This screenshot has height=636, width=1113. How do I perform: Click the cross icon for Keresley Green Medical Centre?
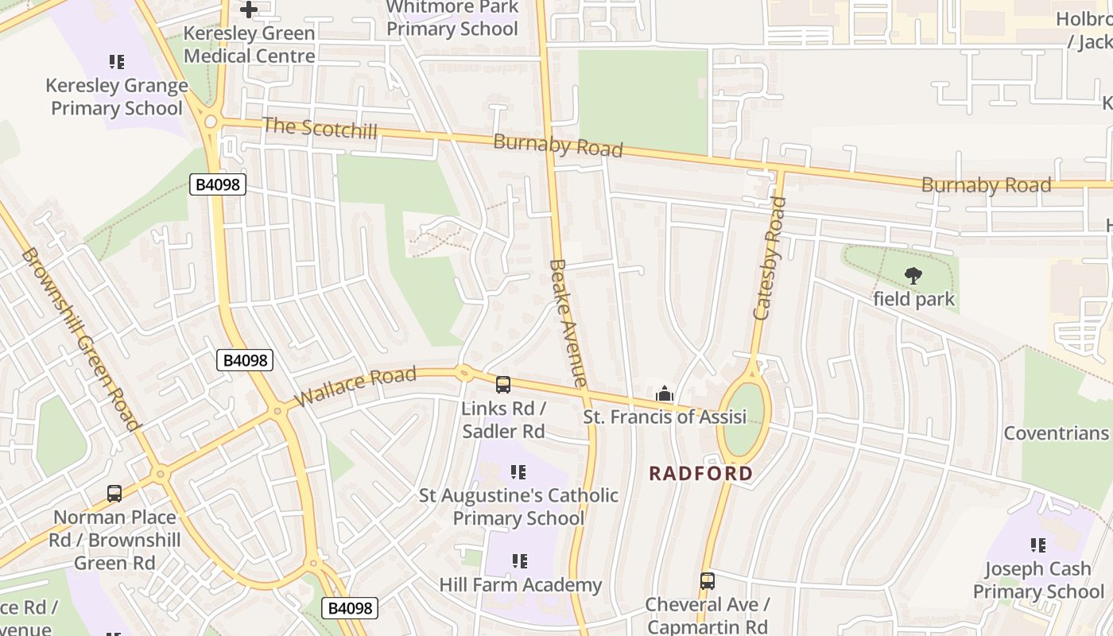pos(249,10)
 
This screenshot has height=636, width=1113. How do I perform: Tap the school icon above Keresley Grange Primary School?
pos(117,61)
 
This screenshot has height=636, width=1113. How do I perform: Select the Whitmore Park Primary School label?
pos(452,18)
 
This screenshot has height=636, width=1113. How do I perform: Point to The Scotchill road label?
pos(320,128)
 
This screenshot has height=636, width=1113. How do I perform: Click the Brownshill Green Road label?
pos(80,339)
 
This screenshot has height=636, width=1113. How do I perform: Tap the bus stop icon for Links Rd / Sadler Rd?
pos(503,385)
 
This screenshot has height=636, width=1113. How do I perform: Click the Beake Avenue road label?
pos(568,323)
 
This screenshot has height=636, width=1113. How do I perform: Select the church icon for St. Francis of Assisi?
pos(664,394)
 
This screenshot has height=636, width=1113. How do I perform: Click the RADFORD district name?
pos(700,474)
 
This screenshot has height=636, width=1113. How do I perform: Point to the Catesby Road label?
pos(770,258)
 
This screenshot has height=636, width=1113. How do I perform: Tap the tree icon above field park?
pos(913,276)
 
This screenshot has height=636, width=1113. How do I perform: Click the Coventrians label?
pos(1056,433)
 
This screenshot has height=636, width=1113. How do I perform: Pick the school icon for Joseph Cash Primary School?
pos(1037,545)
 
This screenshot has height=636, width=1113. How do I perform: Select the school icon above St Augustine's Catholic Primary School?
pos(518,472)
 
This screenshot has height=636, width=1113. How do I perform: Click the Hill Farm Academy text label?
pos(520,585)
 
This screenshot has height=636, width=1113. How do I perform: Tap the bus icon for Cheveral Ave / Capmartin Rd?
pos(707,581)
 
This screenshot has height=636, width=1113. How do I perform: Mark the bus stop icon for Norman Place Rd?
pos(114,494)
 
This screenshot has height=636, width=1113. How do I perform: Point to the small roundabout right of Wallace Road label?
pos(464,371)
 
